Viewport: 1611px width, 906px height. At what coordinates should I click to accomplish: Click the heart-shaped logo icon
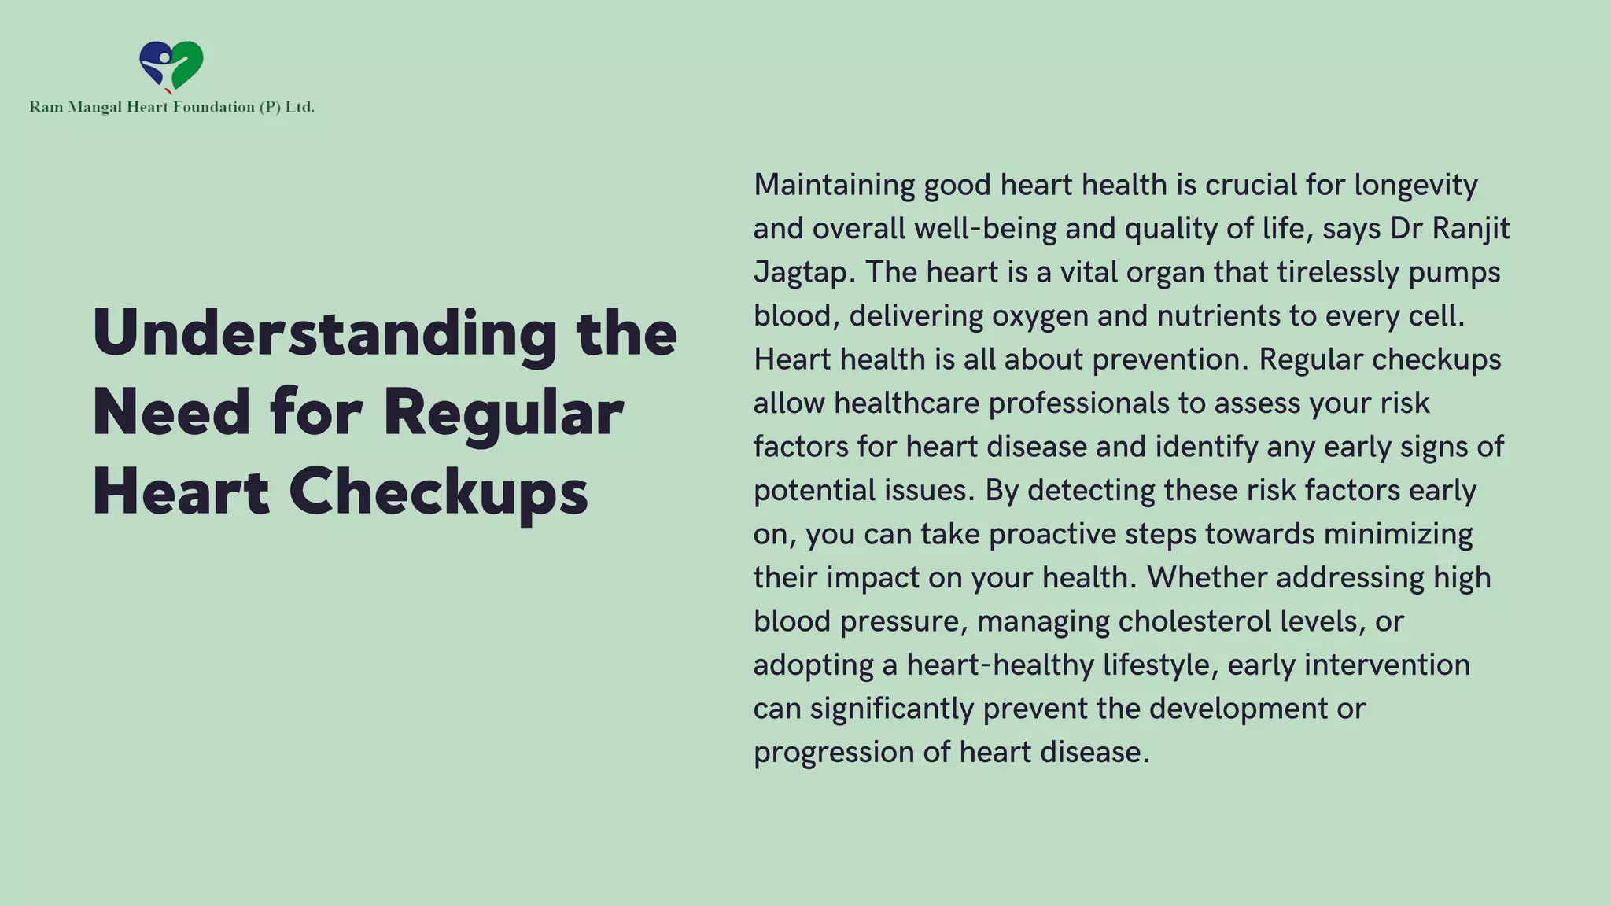click(x=171, y=66)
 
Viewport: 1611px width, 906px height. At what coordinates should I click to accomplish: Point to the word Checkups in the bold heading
click(x=438, y=492)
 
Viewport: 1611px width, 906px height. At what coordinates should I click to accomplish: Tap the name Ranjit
click(x=1470, y=229)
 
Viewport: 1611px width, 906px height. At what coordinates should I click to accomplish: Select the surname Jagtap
click(x=801, y=273)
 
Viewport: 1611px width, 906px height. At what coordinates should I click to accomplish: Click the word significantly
click(x=892, y=709)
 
